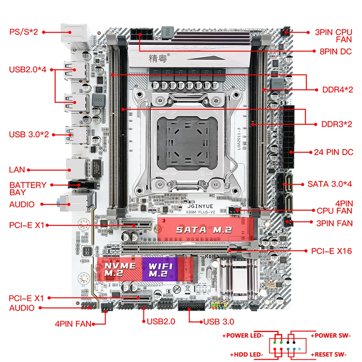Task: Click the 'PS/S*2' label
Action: click(24, 32)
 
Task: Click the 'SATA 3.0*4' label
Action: click(330, 184)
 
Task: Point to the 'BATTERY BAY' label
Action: click(28, 188)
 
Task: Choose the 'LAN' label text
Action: click(17, 169)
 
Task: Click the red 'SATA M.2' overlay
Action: click(205, 230)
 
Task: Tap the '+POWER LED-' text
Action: click(245, 335)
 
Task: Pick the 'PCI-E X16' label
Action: click(331, 251)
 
